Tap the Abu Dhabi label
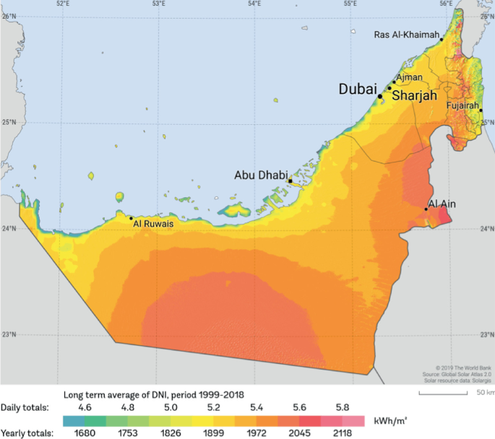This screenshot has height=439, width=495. click(x=260, y=175)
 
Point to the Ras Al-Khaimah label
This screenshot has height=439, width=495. click(x=405, y=35)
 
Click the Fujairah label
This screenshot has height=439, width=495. click(x=463, y=105)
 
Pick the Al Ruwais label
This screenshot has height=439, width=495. click(x=153, y=224)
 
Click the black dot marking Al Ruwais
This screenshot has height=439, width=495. click(x=131, y=217)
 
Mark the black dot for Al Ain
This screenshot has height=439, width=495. click(x=426, y=209)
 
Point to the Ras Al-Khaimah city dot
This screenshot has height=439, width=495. click(x=441, y=40)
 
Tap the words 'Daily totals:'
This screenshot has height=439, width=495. click(x=25, y=407)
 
